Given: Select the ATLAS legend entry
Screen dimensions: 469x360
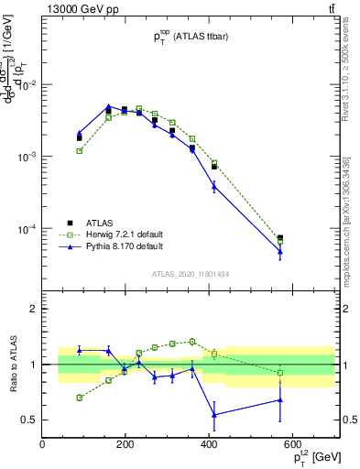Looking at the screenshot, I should [x=100, y=222].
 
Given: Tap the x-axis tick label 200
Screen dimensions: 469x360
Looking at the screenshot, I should [x=125, y=444].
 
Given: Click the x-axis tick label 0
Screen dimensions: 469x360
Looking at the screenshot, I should [x=42, y=444].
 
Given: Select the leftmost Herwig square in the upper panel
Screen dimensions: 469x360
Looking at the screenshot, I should [x=80, y=150].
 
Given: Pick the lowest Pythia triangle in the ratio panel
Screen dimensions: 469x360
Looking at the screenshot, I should [x=213, y=415].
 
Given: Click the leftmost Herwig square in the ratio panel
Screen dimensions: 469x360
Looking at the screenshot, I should [x=80, y=398].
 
